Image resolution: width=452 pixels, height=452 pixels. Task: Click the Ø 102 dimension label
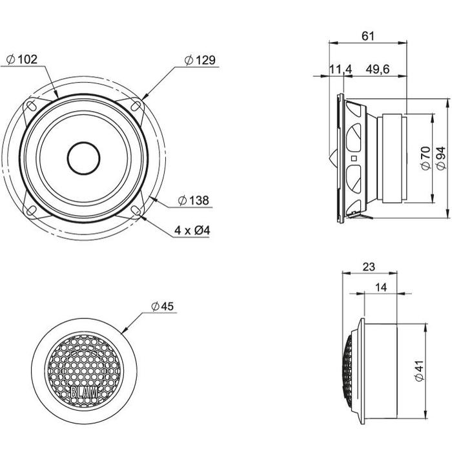click(x=22, y=59)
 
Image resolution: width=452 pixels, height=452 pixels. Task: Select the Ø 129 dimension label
click(x=200, y=60)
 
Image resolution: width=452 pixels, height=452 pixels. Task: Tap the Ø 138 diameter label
click(x=193, y=200)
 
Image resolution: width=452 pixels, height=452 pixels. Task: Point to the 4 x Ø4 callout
click(x=192, y=231)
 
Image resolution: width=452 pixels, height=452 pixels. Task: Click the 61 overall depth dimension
click(x=368, y=36)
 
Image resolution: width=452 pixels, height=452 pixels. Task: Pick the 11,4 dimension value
click(x=340, y=69)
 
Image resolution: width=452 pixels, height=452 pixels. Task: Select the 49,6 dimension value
click(x=378, y=69)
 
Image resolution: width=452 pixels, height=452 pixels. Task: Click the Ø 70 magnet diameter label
click(x=426, y=158)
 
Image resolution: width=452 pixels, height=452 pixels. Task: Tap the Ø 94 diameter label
click(x=441, y=158)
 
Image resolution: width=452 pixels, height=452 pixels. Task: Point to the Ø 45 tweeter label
click(x=163, y=306)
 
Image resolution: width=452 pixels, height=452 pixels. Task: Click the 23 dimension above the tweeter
click(x=369, y=267)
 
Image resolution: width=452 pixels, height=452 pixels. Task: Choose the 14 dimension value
click(x=381, y=287)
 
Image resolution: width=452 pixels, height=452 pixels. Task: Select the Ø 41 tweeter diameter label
click(x=420, y=371)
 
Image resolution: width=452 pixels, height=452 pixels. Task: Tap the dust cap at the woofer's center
click(x=83, y=158)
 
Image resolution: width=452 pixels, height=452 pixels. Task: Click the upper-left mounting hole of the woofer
click(x=32, y=105)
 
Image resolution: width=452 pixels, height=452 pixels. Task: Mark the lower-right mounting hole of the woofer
click(x=136, y=210)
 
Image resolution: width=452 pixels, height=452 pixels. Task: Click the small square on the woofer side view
click(x=354, y=158)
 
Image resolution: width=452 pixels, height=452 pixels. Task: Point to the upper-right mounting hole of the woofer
click(x=136, y=105)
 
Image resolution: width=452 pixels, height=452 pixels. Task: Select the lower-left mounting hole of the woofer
click(x=31, y=211)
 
